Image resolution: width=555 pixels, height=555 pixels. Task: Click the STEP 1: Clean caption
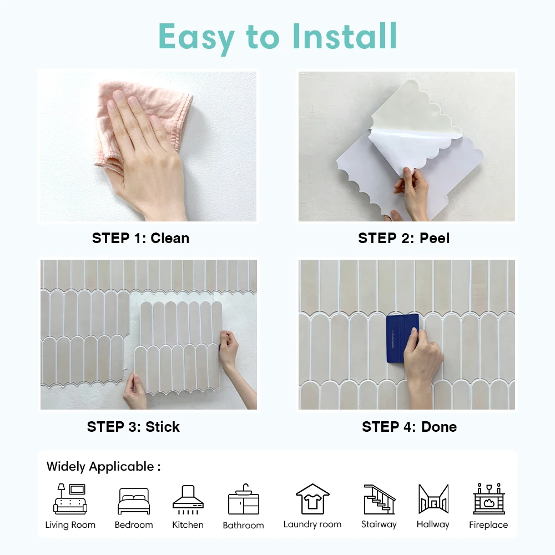pyautogui.click(x=140, y=238)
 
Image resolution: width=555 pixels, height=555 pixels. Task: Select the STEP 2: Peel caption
pyautogui.click(x=403, y=238)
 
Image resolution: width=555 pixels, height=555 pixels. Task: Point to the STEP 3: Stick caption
pyautogui.click(x=133, y=427)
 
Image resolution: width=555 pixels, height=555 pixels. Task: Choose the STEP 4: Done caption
pyautogui.click(x=409, y=427)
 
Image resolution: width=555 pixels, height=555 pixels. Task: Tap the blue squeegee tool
pyautogui.click(x=402, y=338)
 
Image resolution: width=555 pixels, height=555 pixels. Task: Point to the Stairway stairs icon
pyautogui.click(x=379, y=499)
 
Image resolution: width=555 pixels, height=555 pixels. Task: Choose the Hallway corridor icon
pyautogui.click(x=433, y=499)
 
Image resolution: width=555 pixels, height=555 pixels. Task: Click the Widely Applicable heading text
pyautogui.click(x=103, y=467)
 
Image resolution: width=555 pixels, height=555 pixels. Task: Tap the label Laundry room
pyautogui.click(x=312, y=524)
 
